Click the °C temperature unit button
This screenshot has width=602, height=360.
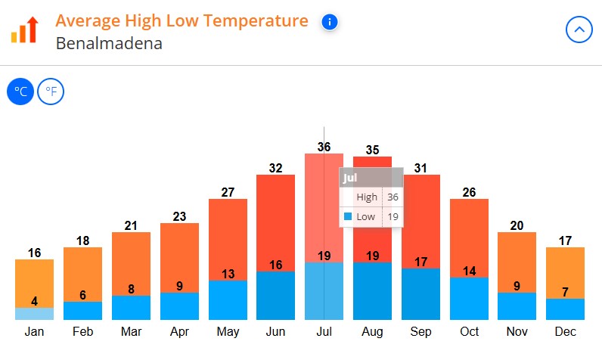[21, 92]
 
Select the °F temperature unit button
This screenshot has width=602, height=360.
[51, 92]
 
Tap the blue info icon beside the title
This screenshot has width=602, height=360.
[329, 22]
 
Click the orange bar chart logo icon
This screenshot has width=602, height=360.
[24, 29]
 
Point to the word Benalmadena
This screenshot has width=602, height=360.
[109, 42]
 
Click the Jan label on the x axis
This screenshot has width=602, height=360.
[35, 331]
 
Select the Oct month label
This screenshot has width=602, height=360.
[469, 331]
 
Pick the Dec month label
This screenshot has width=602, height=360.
[565, 331]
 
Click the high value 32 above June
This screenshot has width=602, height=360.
[275, 168]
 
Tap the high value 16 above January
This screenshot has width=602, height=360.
[35, 253]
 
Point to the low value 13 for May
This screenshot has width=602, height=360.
[228, 274]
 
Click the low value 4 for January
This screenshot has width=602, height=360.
[35, 301]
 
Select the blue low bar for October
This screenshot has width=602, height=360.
[469, 301]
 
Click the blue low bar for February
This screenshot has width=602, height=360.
[82, 311]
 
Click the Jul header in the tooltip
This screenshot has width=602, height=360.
[350, 178]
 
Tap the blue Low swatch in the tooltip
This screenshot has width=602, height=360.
[348, 216]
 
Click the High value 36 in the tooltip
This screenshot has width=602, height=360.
[392, 197]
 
